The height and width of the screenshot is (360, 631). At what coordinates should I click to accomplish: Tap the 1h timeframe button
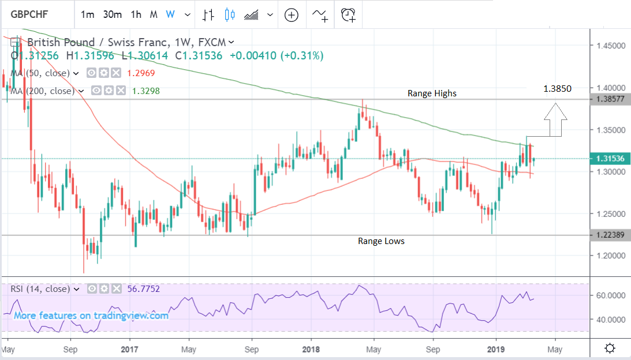[136, 14]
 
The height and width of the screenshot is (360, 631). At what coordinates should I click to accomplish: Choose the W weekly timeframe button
[170, 14]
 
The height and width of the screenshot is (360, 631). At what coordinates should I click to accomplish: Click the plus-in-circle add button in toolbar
[291, 14]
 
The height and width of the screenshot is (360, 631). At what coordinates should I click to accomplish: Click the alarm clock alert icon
[348, 14]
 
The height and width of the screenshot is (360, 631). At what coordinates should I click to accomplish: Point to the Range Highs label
[432, 93]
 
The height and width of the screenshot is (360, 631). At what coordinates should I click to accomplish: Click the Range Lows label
[381, 241]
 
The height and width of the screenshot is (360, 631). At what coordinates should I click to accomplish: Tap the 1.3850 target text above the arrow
[557, 89]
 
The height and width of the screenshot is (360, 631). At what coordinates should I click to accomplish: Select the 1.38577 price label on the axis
[610, 99]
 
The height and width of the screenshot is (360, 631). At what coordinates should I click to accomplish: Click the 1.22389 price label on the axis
[610, 235]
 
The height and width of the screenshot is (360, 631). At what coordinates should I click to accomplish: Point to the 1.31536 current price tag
[610, 158]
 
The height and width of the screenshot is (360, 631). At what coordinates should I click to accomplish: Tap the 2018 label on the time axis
[311, 350]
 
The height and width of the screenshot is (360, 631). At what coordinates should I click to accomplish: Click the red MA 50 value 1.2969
[141, 73]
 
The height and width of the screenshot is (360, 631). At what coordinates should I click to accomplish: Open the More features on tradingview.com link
[91, 316]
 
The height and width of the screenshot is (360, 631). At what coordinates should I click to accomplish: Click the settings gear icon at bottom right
[610, 348]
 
